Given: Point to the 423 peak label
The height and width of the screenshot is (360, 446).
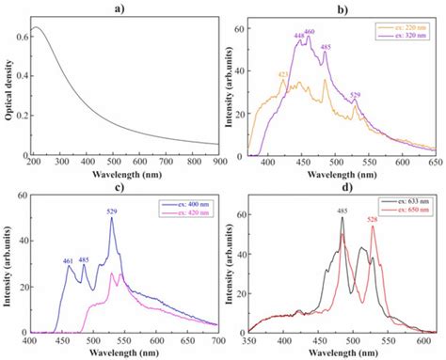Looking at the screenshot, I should click(283, 75).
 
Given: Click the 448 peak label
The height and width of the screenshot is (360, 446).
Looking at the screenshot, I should click(300, 37).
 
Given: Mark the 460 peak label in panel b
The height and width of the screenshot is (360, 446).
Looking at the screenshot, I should click(310, 32).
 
